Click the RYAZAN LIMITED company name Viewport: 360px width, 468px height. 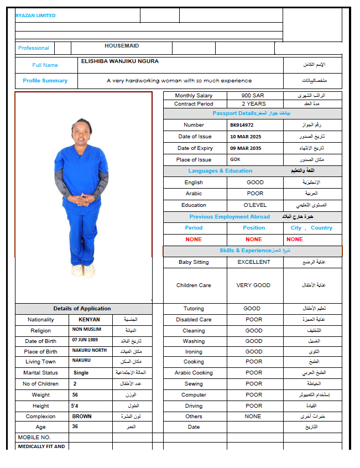pyautogui.click(x=35, y=15)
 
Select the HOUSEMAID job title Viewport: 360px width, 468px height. pyautogui.click(x=122, y=46)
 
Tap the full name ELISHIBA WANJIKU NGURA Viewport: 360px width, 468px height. pyautogui.click(x=119, y=61)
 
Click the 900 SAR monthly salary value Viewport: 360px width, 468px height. pyautogui.click(x=253, y=96)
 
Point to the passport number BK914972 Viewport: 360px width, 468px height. pyautogui.click(x=242, y=125)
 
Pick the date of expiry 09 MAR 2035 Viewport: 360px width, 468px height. pyautogui.click(x=246, y=148)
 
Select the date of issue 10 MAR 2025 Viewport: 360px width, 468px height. pyautogui.click(x=246, y=137)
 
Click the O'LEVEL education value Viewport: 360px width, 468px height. pyautogui.click(x=255, y=205)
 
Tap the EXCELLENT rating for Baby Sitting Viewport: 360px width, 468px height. pyautogui.click(x=254, y=262)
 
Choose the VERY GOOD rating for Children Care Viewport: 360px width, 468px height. pyautogui.click(x=254, y=285)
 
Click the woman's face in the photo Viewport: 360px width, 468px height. pyautogui.click(x=81, y=133)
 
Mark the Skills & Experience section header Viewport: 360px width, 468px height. pyautogui.click(x=253, y=251)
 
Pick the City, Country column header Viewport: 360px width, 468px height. pyautogui.click(x=311, y=228)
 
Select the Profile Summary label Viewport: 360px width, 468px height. pyautogui.click(x=45, y=81)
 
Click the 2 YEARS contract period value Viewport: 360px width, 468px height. pyautogui.click(x=253, y=104)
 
